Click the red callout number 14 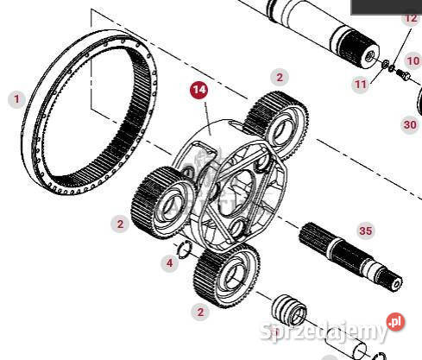(199, 90)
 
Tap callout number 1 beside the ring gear (16, 99)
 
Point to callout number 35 (366, 231)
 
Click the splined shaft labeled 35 (350, 256)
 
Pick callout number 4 (170, 262)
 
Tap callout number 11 (361, 85)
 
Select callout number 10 (413, 61)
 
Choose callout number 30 (410, 125)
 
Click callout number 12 (411, 18)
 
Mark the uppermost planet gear (275, 124)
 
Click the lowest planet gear (227, 275)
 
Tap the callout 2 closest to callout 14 (280, 77)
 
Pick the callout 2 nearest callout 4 (120, 224)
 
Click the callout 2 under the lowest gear (200, 312)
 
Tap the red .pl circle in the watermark (395, 322)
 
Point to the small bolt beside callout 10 (403, 74)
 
